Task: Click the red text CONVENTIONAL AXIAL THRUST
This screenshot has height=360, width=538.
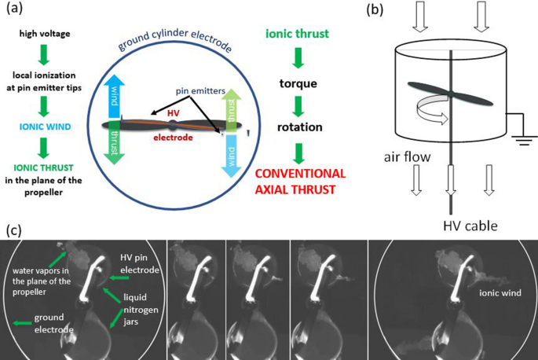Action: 300,182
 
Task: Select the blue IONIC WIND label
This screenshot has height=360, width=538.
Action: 46,127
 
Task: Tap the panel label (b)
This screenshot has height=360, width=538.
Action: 375,9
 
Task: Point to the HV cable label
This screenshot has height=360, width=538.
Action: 470,226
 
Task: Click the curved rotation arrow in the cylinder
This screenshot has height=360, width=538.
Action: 432,110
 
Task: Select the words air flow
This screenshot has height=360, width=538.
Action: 407,157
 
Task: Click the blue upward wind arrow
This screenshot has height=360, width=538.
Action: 114,96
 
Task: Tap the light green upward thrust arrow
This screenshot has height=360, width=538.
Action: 231,111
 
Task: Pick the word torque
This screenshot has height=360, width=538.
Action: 298,83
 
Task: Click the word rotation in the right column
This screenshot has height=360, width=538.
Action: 300,127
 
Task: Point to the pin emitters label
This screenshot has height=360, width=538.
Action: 200,91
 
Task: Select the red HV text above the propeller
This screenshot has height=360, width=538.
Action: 174,113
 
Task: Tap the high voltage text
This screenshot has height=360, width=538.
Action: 45,34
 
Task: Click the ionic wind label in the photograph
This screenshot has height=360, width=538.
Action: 500,292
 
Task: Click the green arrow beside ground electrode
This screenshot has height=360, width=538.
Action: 22,323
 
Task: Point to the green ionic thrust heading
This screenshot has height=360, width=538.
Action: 297,34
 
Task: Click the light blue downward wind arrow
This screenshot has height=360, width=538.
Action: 231,156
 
